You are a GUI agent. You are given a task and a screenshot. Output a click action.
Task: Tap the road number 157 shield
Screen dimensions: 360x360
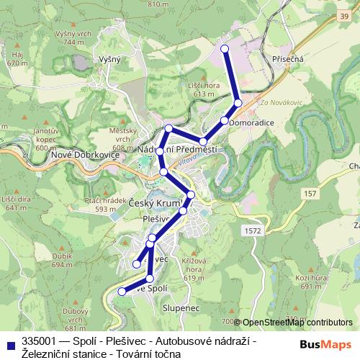click(310, 194)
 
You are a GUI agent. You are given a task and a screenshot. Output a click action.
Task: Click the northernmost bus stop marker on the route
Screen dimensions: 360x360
click(225, 49)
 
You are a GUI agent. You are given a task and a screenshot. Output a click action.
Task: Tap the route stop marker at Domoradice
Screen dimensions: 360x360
click(225, 120)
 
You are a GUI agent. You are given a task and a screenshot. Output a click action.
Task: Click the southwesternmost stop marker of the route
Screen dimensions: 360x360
click(122, 292)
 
